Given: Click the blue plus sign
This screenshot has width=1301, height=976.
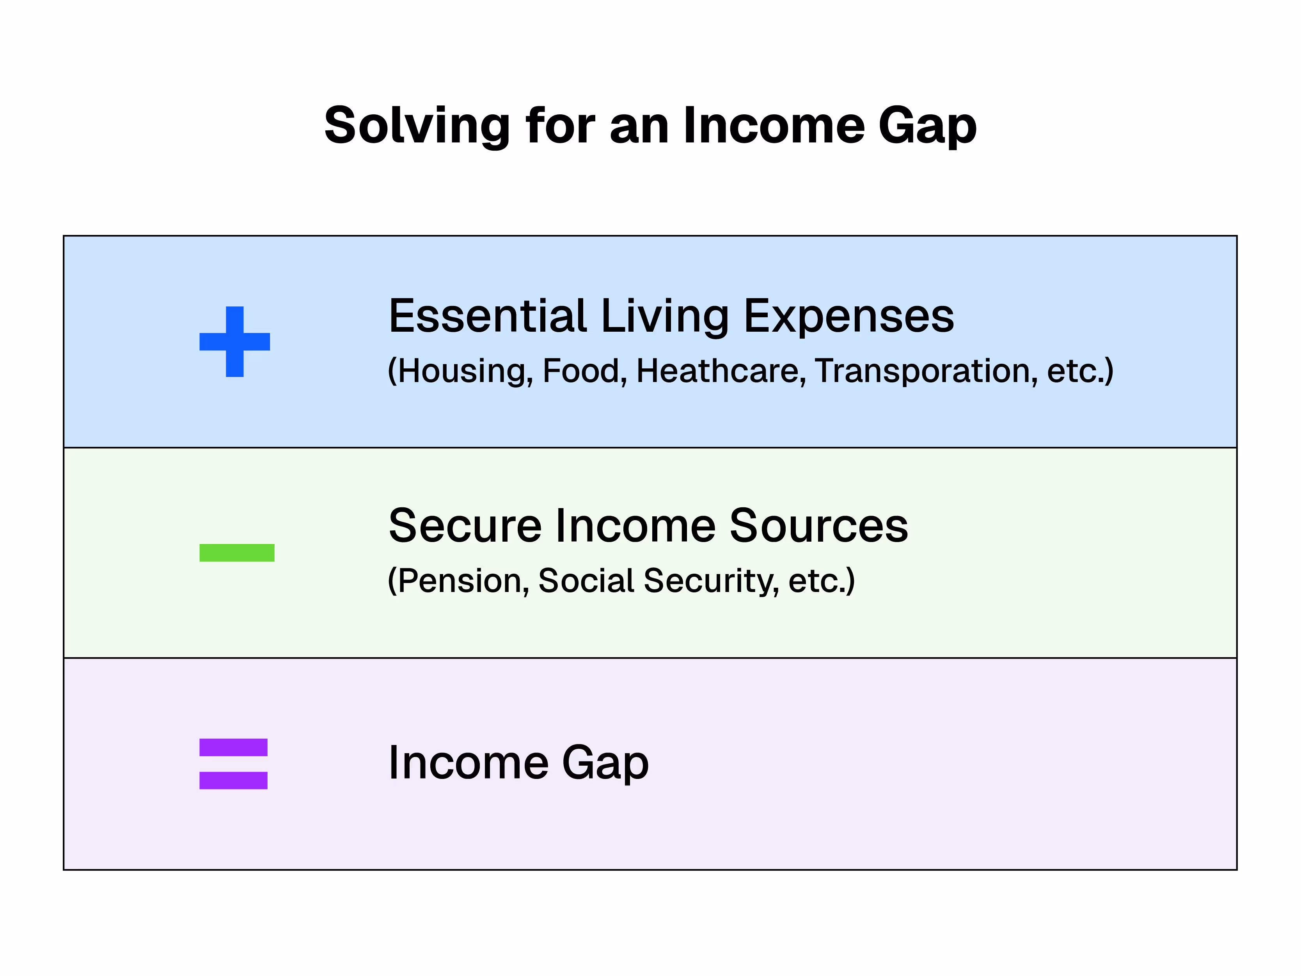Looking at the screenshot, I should tap(235, 342).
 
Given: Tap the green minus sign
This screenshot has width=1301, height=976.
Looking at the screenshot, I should tap(237, 553).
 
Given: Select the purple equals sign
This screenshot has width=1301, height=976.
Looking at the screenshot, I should tap(234, 764).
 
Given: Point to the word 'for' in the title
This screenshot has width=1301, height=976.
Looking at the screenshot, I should tap(561, 126).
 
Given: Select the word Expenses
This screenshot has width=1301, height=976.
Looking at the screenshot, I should tap(849, 318).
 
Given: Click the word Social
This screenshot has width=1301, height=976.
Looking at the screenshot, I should tap(586, 581).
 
